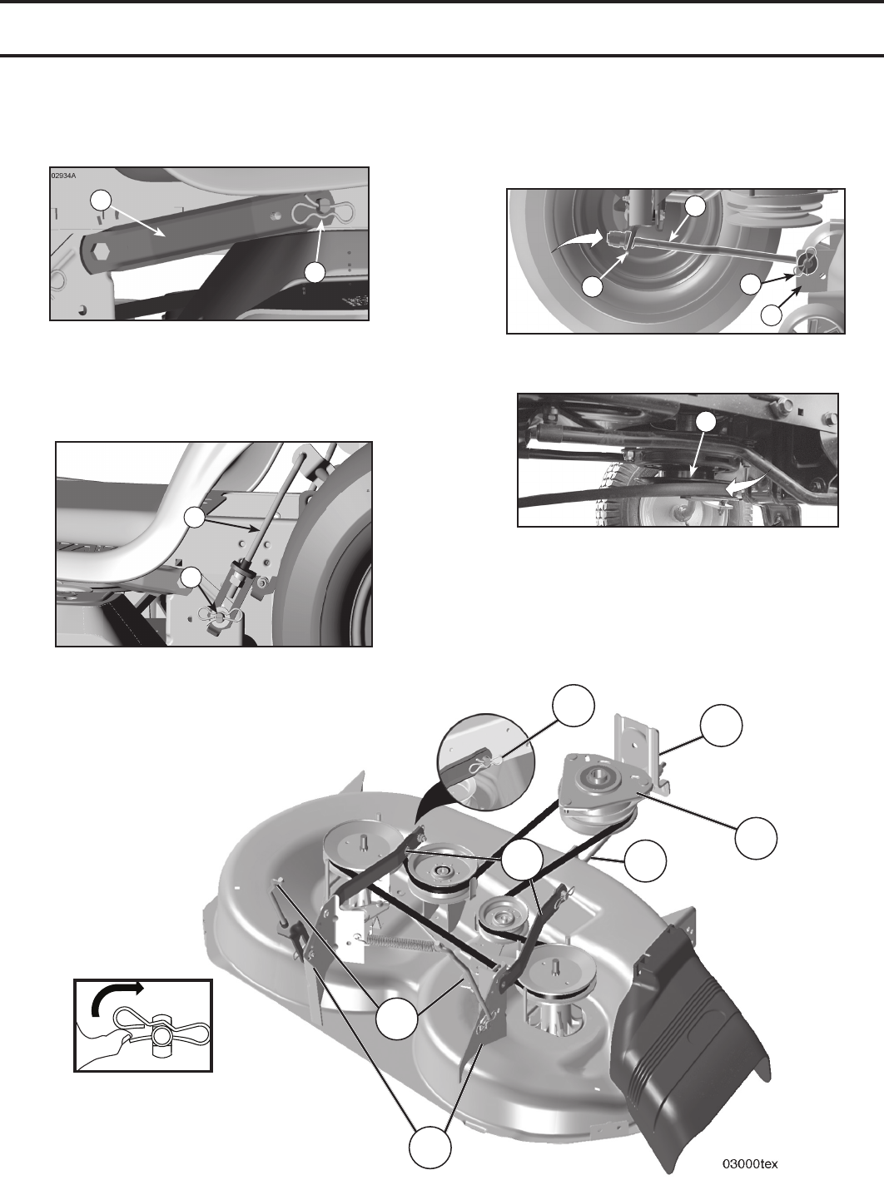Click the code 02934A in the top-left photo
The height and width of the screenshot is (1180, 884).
[x=63, y=176]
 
